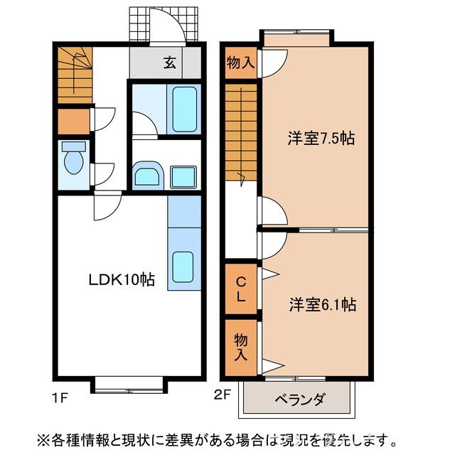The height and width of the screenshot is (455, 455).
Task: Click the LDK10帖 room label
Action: pos(121,279)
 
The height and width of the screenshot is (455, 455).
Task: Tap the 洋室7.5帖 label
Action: pos(321,139)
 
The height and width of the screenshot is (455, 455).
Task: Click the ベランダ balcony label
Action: pos(298,399)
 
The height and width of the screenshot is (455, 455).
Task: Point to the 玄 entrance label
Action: pos(171,62)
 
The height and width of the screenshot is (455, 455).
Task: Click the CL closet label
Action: pos(242,289)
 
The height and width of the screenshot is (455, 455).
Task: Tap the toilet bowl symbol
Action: pos(73,160)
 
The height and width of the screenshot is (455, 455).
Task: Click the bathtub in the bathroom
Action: pos(184,108)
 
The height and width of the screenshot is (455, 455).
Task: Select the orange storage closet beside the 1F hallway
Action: pos(73,122)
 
